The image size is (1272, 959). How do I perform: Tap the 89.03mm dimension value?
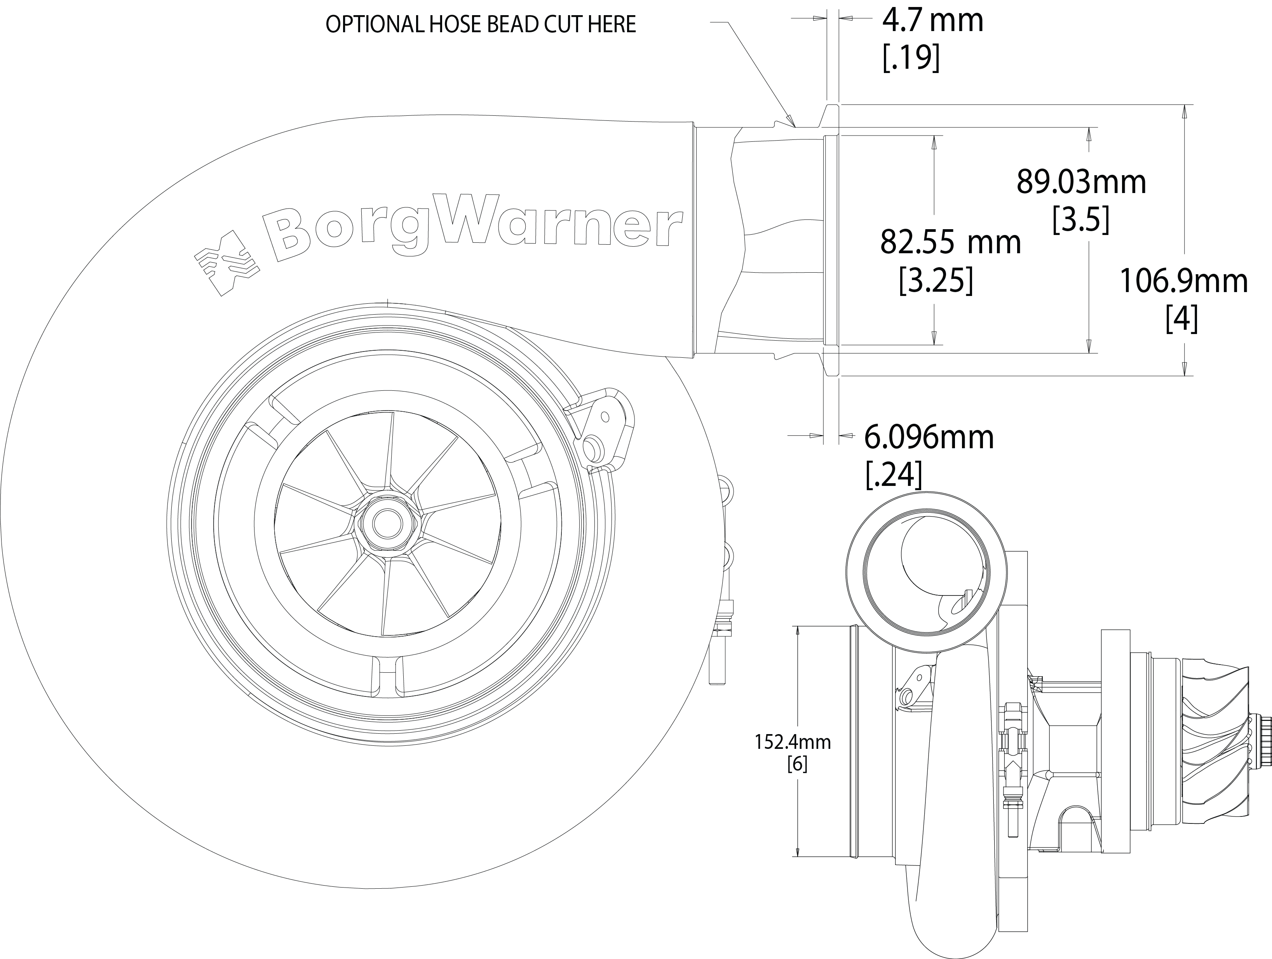[x=1082, y=182]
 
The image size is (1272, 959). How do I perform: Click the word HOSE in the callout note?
[x=454, y=24]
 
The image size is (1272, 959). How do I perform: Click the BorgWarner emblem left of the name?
[x=226, y=263]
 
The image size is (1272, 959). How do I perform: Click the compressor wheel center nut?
[x=383, y=522]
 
